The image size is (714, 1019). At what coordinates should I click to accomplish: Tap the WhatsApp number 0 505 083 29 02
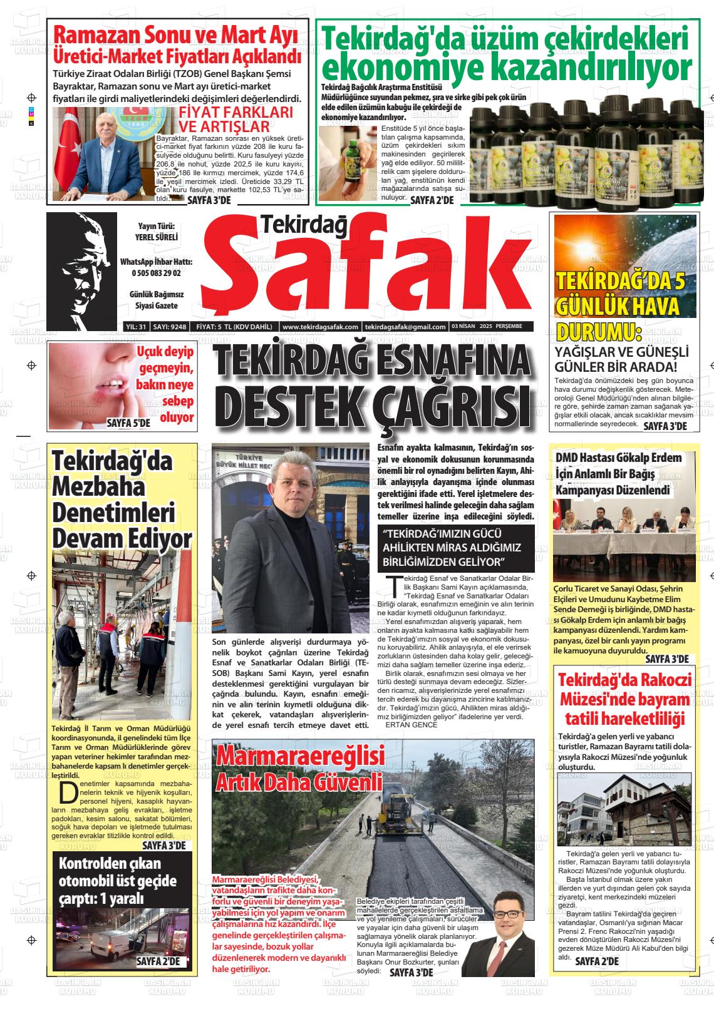click(157, 274)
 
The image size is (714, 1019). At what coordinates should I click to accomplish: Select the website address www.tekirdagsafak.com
click(320, 327)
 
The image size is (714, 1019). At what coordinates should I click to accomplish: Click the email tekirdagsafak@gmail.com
click(405, 327)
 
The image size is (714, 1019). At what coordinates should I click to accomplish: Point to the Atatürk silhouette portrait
click(81, 266)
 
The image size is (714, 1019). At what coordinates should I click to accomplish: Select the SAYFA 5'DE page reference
click(128, 423)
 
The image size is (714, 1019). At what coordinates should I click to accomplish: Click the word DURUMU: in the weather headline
click(599, 332)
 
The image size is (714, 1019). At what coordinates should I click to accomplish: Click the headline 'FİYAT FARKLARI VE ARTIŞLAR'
click(235, 120)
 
